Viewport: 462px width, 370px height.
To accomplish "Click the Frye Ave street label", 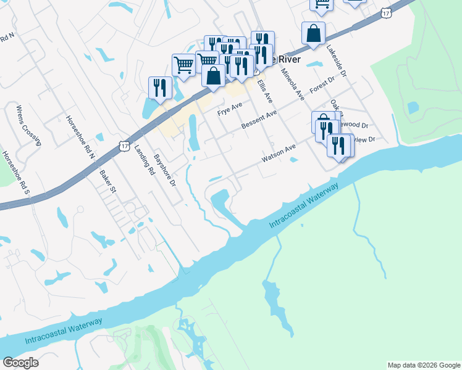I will tap(229, 112).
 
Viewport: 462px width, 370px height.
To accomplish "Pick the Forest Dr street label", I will tap(322, 84).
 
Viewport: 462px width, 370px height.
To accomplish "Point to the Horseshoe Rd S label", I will tap(15, 173).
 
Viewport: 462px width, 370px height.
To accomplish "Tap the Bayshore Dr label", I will tap(165, 170).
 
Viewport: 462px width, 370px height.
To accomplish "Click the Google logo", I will tap(20, 363).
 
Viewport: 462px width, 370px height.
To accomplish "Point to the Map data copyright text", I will tap(424, 365).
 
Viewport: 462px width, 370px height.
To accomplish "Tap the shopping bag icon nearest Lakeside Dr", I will tap(314, 33).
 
